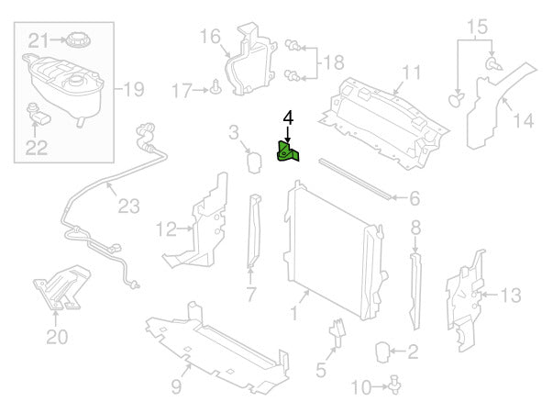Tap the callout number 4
pyautogui.click(x=288, y=118)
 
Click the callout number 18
pyautogui.click(x=334, y=61)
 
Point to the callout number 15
pyautogui.click(x=477, y=26)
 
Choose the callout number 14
pyautogui.click(x=523, y=119)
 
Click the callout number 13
pyautogui.click(x=511, y=295)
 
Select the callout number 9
pyautogui.click(x=175, y=387)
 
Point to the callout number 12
pyautogui.click(x=166, y=228)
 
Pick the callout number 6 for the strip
pyautogui.click(x=414, y=197)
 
